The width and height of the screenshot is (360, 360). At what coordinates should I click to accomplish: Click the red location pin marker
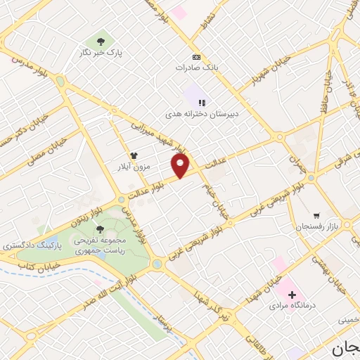181,165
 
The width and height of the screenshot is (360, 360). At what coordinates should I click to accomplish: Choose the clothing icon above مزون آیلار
133,155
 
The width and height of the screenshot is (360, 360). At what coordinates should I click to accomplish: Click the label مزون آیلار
133,166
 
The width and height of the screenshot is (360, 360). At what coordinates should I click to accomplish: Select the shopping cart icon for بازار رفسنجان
317,214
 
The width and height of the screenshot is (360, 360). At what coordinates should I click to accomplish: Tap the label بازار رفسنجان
317,226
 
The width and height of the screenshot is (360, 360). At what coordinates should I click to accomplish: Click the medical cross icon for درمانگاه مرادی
291,295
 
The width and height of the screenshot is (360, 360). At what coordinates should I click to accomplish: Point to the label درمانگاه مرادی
291,307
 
